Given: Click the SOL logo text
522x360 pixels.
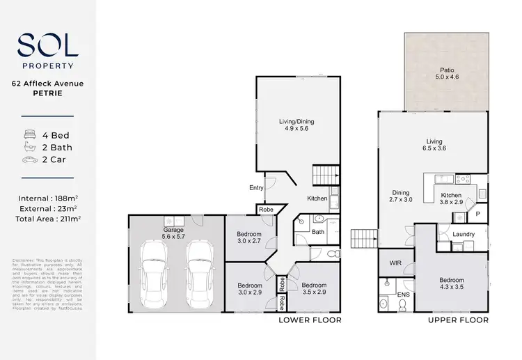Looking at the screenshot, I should pyautogui.click(x=47, y=47).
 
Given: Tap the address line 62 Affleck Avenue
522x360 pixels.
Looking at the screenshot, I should pyautogui.click(x=47, y=84).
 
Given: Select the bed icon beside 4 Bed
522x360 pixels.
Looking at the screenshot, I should pyautogui.click(x=30, y=134).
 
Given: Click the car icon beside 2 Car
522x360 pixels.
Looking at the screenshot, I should pyautogui.click(x=30, y=160).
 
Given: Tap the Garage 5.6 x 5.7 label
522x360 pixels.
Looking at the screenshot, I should pyautogui.click(x=173, y=233).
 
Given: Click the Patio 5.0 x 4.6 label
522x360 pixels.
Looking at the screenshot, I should pyautogui.click(x=447, y=74).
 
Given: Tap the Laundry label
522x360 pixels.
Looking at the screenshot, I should pyautogui.click(x=463, y=234).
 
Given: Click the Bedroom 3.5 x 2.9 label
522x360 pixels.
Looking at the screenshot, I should pyautogui.click(x=314, y=289).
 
